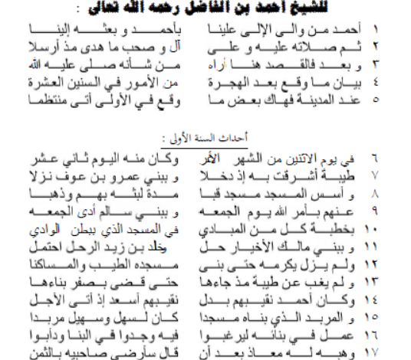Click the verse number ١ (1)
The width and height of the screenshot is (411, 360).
397,31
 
